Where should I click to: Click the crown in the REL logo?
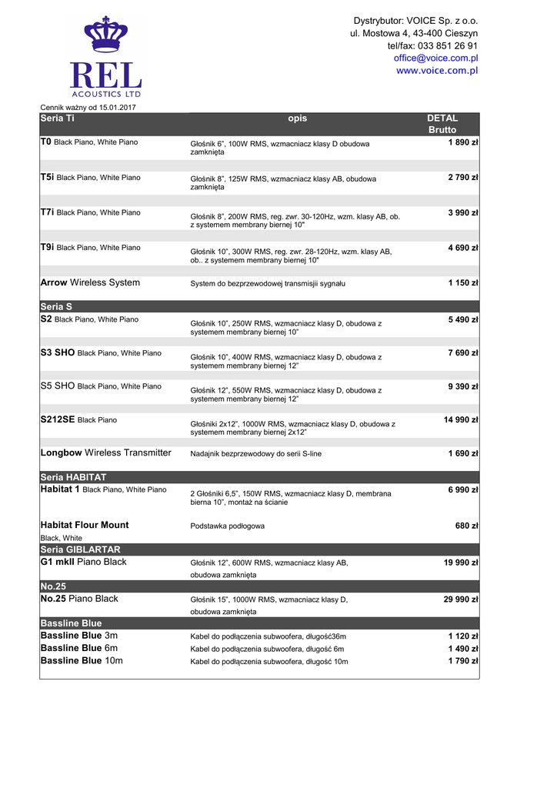[x=105, y=37]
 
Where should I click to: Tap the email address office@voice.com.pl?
[x=435, y=58]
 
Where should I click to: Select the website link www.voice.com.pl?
[x=437, y=71]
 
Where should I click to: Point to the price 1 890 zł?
[x=463, y=142]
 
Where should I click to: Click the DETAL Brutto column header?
[x=442, y=124]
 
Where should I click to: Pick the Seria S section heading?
[x=56, y=306]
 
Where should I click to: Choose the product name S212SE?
[x=57, y=420]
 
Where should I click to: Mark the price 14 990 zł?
[x=461, y=420]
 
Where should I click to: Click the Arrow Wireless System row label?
[x=90, y=283]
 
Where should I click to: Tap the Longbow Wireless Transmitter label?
[x=105, y=453]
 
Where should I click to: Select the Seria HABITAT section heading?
[x=73, y=477]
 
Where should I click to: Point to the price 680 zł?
[x=467, y=526]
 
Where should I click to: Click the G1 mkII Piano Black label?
[x=83, y=563]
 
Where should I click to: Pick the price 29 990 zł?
[x=461, y=599]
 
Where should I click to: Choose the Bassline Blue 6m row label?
[x=78, y=649]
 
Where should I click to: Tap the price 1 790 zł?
[x=463, y=661]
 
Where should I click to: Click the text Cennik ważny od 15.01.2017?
[x=88, y=107]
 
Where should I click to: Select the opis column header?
[x=297, y=119]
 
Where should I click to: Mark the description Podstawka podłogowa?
[x=227, y=526]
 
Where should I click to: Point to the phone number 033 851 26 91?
[x=448, y=46]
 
